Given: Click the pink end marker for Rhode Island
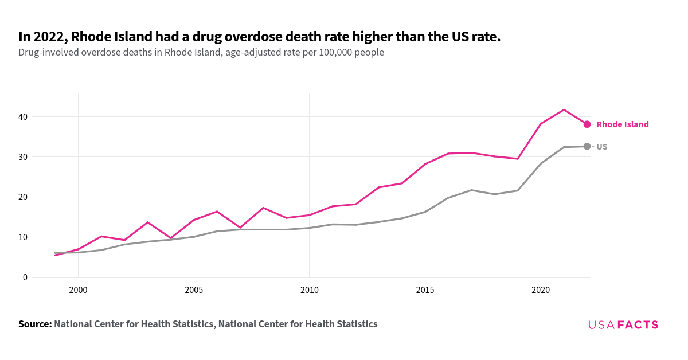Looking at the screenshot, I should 587,124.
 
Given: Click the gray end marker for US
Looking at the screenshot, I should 587,147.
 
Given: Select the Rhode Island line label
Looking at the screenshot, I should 623,124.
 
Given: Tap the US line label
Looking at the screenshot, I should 602,147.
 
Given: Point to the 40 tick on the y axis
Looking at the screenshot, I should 22,117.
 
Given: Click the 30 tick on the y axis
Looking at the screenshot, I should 22,157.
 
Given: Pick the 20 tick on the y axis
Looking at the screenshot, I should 22,197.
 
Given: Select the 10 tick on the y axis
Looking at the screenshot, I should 22,237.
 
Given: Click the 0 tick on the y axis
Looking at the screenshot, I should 25,277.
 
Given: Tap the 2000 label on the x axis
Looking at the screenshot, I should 78,291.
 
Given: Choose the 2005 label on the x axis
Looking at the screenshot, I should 194,291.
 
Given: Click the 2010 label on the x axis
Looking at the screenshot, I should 310,291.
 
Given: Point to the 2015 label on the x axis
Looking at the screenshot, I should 425,291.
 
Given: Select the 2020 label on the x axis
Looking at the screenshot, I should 541,291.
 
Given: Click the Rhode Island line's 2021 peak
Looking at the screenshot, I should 564,109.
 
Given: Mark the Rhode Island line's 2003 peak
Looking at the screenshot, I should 147,222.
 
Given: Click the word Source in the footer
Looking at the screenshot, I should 35,324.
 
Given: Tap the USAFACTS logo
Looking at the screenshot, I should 623,325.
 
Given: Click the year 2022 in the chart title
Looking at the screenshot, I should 48,37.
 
